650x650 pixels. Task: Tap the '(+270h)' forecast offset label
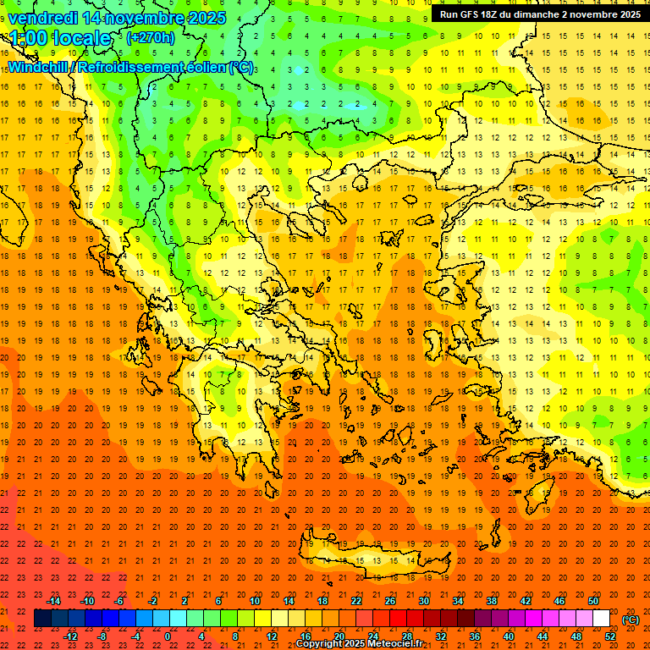tap(150, 38)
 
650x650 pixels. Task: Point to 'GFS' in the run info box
tap(473, 14)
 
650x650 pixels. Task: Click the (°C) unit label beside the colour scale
tap(631, 620)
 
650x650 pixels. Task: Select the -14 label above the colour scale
tap(53, 601)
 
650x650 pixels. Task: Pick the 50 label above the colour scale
tap(593, 601)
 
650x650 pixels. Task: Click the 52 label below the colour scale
tap(610, 636)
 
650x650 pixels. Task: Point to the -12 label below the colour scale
tap(70, 636)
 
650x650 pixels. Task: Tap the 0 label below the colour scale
tap(168, 636)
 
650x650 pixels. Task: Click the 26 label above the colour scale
tap(390, 601)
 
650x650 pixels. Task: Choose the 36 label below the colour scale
tap(475, 636)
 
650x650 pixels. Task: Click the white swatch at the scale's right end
tap(602, 619)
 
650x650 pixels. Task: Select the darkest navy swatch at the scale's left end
tap(42, 619)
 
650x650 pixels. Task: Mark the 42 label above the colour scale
tap(526, 601)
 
